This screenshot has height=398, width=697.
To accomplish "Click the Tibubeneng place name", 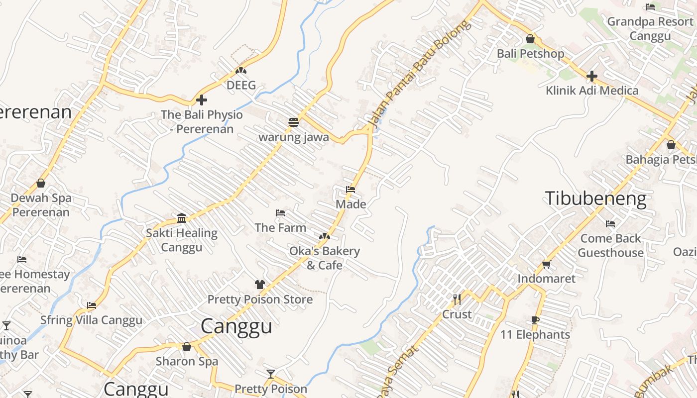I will [595, 199].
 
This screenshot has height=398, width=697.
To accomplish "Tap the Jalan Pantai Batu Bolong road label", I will [419, 73].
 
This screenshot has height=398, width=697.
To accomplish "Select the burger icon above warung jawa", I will [293, 122].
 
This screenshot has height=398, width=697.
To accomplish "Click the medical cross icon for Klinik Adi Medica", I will [591, 76].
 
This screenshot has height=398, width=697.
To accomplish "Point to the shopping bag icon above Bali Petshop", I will [530, 39].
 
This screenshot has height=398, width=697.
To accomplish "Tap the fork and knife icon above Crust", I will [457, 299].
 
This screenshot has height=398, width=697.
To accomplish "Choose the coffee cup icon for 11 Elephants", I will [535, 320].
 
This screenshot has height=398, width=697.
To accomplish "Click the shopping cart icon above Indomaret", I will [546, 264].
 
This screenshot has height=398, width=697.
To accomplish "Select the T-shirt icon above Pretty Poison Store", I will [260, 285].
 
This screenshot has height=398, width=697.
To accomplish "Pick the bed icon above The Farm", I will [280, 213].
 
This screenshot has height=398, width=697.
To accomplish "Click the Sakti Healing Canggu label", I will [182, 240].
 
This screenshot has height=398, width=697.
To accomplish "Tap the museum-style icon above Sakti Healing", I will [182, 218].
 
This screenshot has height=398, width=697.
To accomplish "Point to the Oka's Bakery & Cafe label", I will [325, 258].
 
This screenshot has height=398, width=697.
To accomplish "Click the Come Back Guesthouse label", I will [610, 245].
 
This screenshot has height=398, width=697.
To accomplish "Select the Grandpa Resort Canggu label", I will [650, 28].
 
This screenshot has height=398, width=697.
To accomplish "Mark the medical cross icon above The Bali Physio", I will [202, 100].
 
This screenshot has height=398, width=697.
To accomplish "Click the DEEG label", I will [241, 85].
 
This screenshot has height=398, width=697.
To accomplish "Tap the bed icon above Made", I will [350, 190].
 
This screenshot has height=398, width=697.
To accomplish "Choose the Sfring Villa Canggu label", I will [91, 320].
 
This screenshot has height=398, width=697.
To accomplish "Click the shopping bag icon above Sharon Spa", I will [187, 347].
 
